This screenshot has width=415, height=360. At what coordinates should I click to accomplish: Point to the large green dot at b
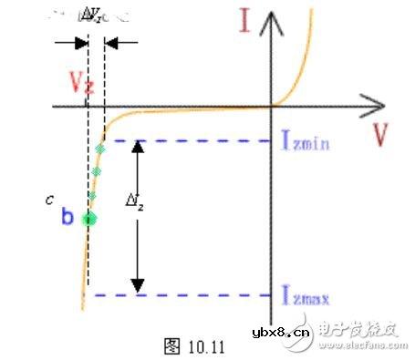pos(89,218)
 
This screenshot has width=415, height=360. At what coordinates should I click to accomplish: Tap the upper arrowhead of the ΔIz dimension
pos(137,146)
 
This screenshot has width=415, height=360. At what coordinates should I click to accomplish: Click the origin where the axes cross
pos(270,106)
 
